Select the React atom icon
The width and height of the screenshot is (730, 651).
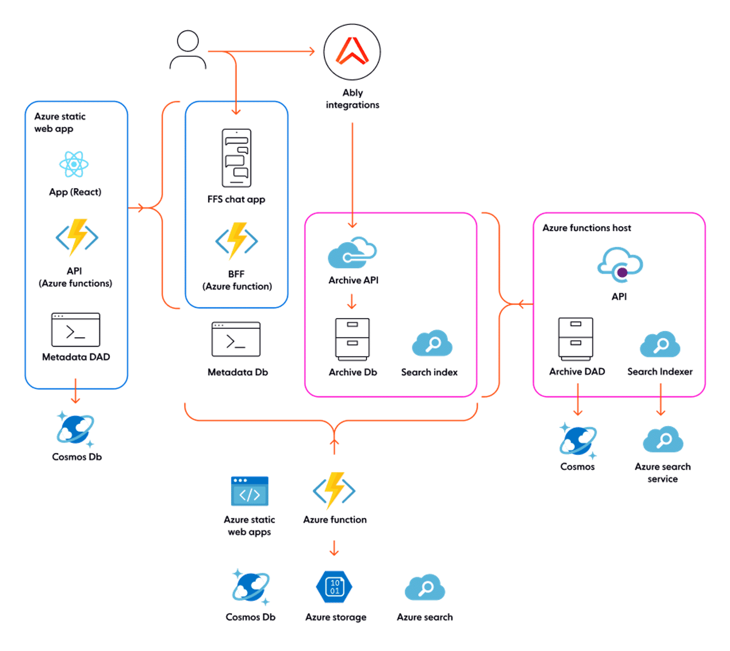pos(74,164)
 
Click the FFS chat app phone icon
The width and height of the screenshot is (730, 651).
pos(236,158)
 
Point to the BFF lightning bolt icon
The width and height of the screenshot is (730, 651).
pos(236,241)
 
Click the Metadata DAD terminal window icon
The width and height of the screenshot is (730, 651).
pos(76,329)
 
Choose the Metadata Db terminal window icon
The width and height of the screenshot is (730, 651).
pos(236,338)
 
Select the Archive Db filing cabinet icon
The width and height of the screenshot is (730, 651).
pos(352,339)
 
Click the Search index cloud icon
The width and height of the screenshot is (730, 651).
pos(432,343)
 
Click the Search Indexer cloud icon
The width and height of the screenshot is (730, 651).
pos(659,344)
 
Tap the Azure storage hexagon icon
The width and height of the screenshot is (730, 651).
pos(334,587)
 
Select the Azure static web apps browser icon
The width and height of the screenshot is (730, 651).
pos(249,491)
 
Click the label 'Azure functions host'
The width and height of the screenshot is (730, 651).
pos(586,228)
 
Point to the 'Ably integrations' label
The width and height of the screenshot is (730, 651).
pos(352,98)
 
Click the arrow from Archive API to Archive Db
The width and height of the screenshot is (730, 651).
pos(352,301)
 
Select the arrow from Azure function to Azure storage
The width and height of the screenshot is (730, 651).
pos(334,548)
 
